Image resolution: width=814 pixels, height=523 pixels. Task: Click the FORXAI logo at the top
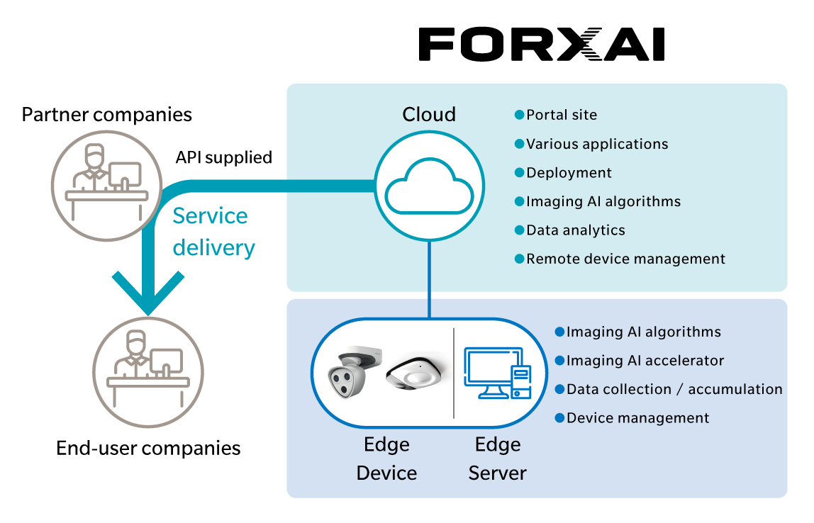pos(541,45)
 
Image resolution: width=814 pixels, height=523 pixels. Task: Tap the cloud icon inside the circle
pos(428,188)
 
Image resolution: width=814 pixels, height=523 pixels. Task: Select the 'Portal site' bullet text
pos(561,115)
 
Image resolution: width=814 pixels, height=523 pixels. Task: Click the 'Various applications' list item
pos(596,144)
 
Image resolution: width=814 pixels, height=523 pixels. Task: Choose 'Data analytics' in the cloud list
pos(575,230)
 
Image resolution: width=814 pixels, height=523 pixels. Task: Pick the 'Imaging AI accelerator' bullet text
pos(645,361)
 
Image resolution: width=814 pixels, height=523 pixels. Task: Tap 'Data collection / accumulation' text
pos(674,389)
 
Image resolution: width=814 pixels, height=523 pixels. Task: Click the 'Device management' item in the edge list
pos(637,418)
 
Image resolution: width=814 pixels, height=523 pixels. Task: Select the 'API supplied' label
pos(224,157)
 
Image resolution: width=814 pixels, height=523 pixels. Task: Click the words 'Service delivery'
pos(213,231)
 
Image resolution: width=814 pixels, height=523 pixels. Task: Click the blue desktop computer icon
pos(496,372)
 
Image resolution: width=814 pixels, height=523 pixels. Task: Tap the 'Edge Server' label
pos(497,459)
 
